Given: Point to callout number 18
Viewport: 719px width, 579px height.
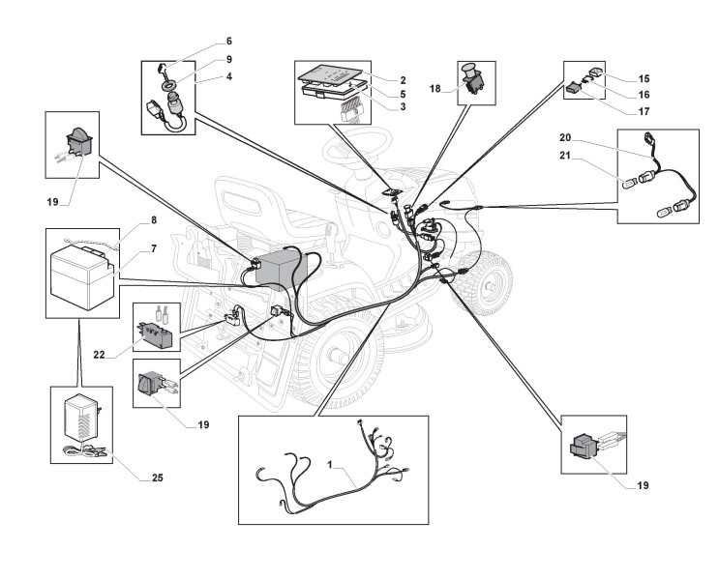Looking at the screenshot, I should (x=435, y=89).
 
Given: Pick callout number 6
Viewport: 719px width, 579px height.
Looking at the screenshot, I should (x=228, y=42).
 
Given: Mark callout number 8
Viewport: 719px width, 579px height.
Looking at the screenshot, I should (x=152, y=220).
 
